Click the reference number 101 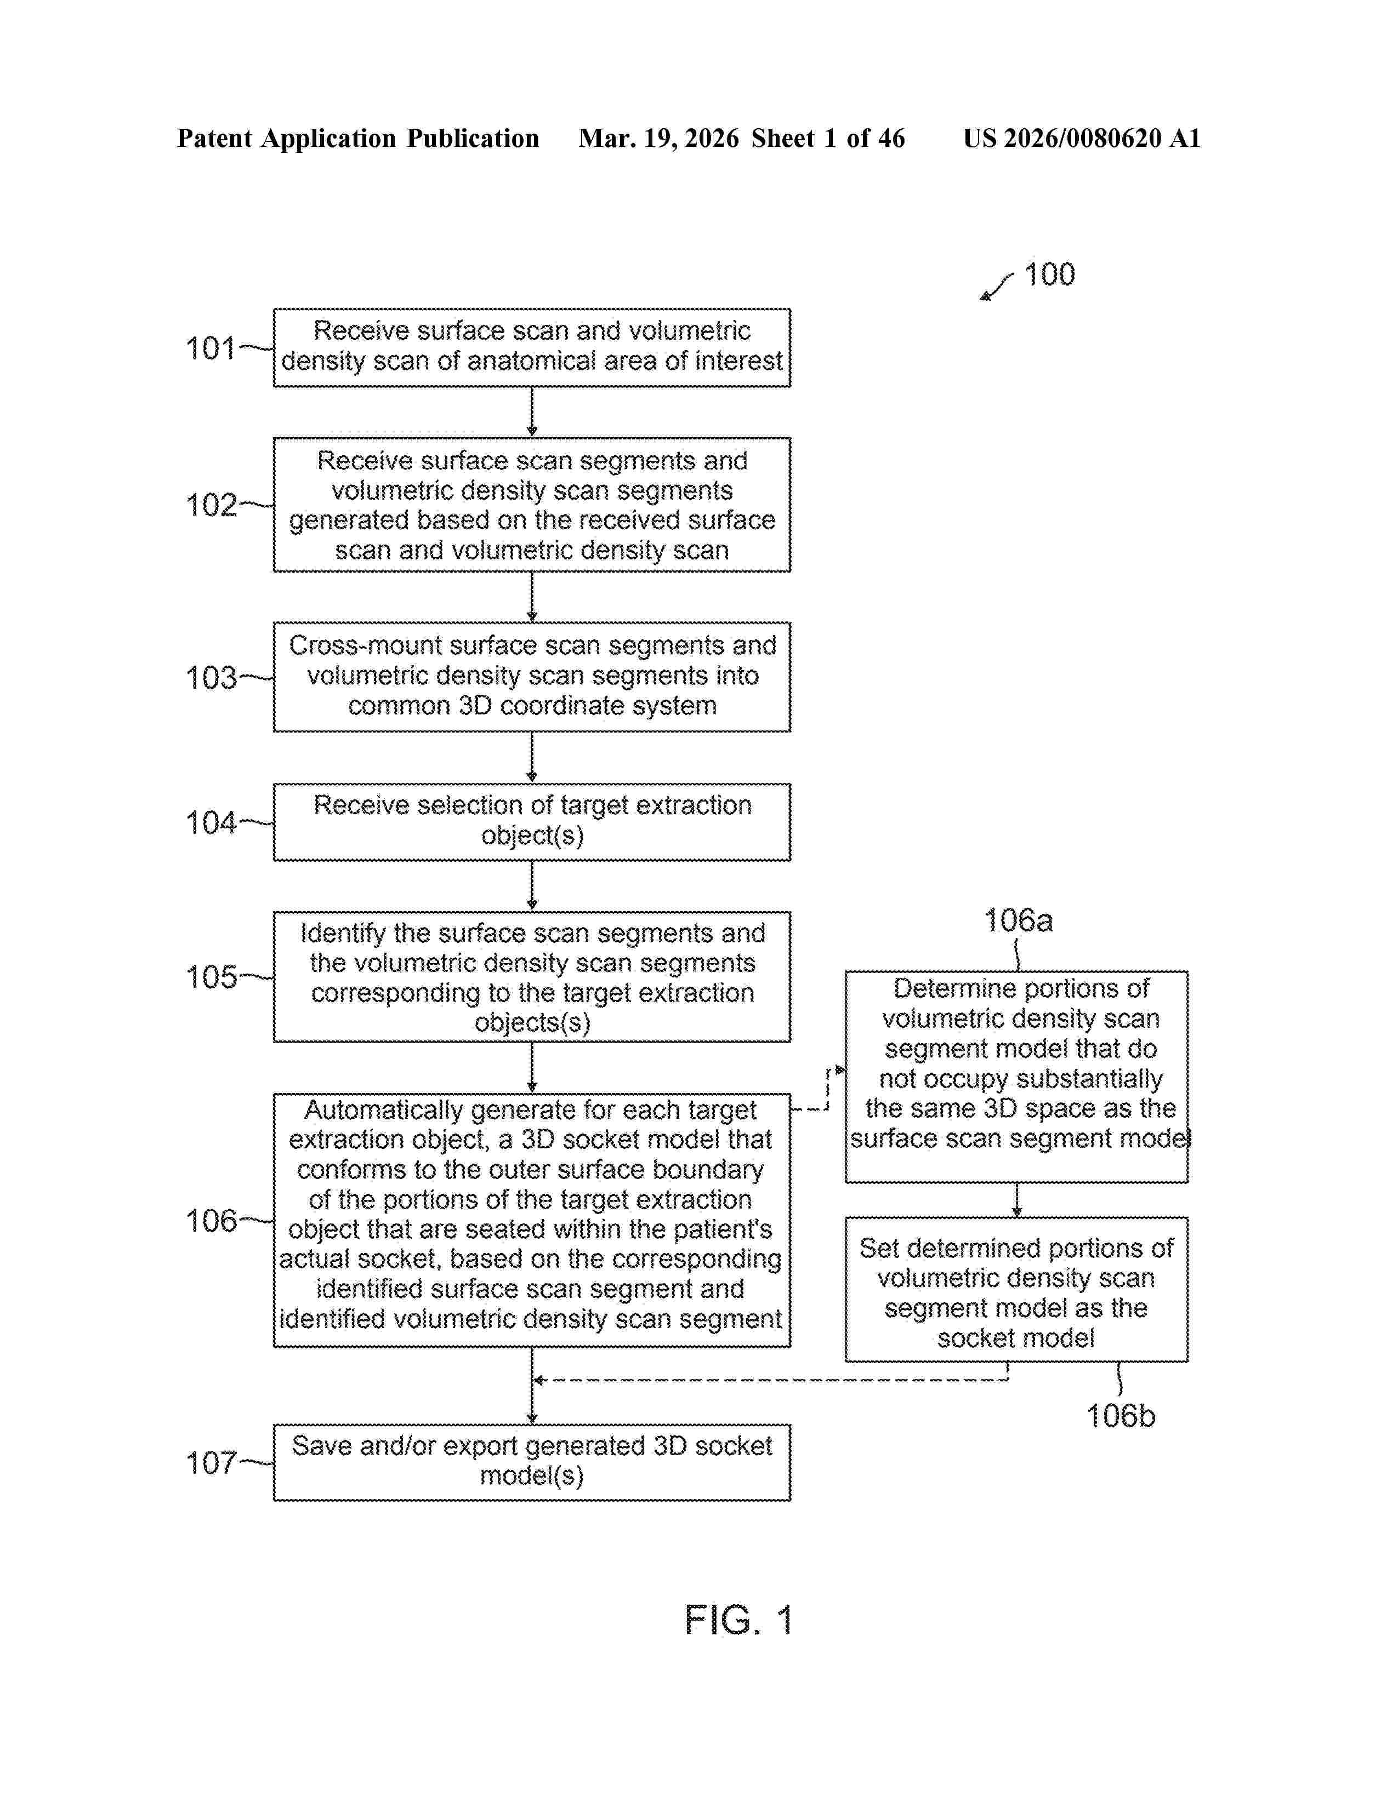[211, 348]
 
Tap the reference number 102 [211, 505]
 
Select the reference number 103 [211, 678]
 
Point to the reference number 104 [211, 823]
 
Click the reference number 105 [211, 977]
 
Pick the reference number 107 [211, 1463]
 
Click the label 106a [1018, 920]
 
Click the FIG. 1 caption [739, 1620]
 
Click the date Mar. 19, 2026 [658, 138]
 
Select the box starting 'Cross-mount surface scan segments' [532, 676]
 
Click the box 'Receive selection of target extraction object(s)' [532, 821]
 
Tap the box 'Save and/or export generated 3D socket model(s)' [532, 1462]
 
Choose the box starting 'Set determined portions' [1016, 1289]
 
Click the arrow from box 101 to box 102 [532, 412]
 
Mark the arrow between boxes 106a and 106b [1016, 1199]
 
